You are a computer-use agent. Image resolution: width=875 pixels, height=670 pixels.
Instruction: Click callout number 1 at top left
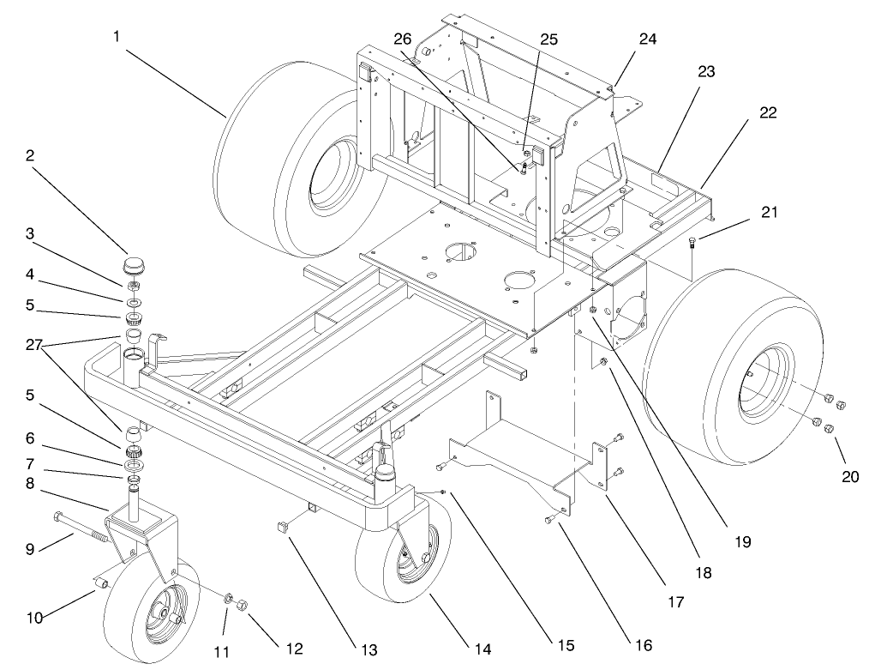pyautogui.click(x=117, y=37)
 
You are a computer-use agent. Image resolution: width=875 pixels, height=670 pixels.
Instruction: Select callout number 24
pyautogui.click(x=647, y=39)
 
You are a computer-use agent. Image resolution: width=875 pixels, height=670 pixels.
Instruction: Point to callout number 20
pyautogui.click(x=849, y=477)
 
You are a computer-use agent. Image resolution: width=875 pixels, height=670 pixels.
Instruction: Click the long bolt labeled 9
pyautogui.click(x=82, y=527)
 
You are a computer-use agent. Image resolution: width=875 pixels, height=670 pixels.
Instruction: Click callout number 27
pyautogui.click(x=34, y=345)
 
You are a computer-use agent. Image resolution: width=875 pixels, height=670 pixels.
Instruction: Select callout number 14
pyautogui.click(x=482, y=649)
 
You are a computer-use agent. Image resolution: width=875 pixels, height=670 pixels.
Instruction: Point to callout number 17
pyautogui.click(x=675, y=602)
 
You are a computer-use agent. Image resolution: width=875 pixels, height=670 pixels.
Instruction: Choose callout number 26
pyautogui.click(x=402, y=39)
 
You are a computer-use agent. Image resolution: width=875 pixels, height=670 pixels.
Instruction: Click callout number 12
pyautogui.click(x=294, y=649)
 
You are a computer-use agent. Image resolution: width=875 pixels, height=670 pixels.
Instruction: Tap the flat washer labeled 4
pyautogui.click(x=134, y=302)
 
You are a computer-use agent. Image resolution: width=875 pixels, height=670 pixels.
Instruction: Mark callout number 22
pyautogui.click(x=768, y=112)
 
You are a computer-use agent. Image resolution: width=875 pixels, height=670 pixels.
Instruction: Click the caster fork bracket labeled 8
pyautogui.click(x=142, y=535)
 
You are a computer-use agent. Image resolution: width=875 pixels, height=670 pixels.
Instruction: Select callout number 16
pyautogui.click(x=644, y=645)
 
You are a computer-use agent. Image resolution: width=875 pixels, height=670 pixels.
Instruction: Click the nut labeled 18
pyautogui.click(x=602, y=363)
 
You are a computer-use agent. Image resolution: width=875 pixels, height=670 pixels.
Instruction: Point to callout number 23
pyautogui.click(x=706, y=71)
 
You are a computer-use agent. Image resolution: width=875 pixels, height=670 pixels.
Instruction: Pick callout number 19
pyautogui.click(x=743, y=541)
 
